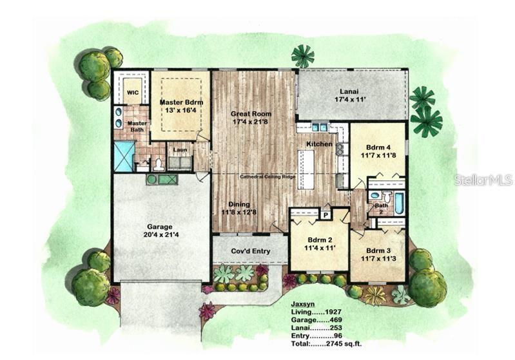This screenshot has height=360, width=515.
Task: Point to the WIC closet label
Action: pyautogui.click(x=133, y=93)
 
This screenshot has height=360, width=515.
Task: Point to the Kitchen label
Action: pyautogui.click(x=319, y=144)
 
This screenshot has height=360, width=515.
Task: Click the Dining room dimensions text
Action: pyautogui.click(x=239, y=212)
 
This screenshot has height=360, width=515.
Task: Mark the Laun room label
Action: pyautogui.click(x=180, y=150)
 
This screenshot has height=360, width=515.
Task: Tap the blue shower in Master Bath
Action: pyautogui.click(x=122, y=156)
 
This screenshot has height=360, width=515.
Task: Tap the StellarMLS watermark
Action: pyautogui.click(x=483, y=180)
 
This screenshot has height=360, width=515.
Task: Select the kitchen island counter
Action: pyautogui.click(x=306, y=169)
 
